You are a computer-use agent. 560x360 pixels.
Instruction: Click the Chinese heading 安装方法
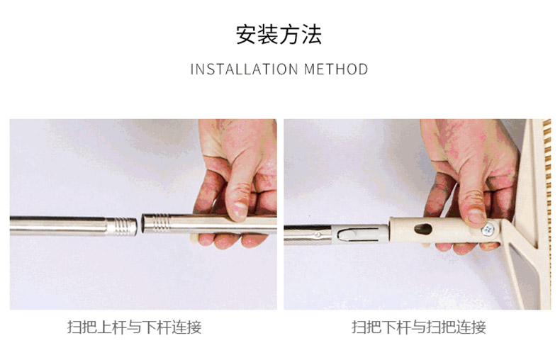(x=279, y=35)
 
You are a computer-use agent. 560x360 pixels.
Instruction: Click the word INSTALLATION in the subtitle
(x=245, y=69)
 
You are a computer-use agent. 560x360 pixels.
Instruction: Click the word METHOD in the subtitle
(x=336, y=69)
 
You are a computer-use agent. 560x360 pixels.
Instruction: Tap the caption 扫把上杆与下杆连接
(x=134, y=327)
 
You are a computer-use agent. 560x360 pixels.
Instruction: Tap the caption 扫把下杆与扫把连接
(x=419, y=327)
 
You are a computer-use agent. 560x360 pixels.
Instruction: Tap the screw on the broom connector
(x=488, y=229)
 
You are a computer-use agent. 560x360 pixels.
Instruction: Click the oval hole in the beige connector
(x=423, y=229)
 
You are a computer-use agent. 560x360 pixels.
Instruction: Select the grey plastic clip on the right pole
(x=360, y=234)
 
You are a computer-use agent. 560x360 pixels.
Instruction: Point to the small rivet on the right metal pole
(x=318, y=235)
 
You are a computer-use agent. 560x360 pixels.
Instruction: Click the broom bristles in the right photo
(x=547, y=214)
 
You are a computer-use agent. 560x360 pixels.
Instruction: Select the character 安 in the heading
(x=246, y=35)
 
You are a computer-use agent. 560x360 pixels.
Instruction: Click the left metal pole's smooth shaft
(x=58, y=226)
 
